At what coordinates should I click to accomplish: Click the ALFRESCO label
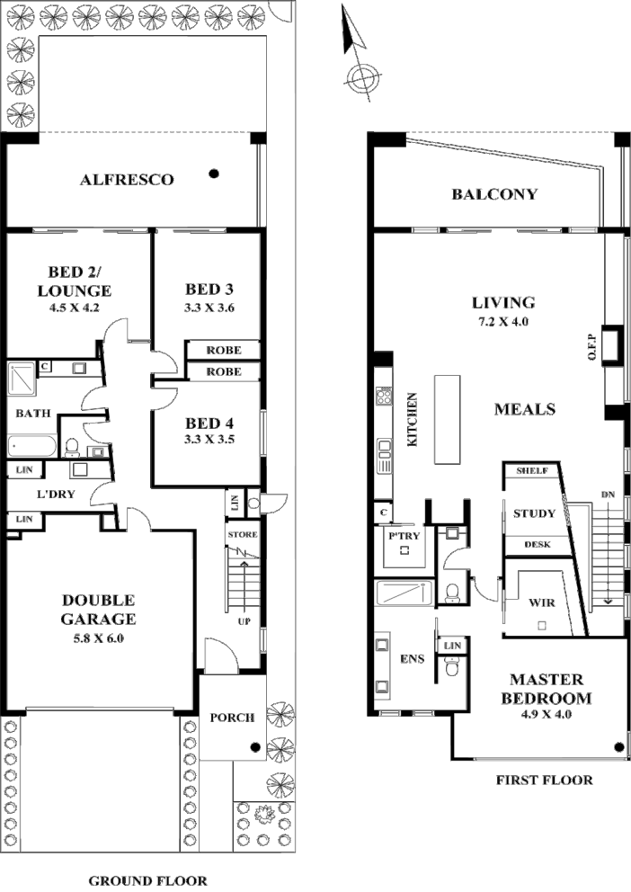127,180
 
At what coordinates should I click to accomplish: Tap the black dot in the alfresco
214,174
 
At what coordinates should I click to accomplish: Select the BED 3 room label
209,290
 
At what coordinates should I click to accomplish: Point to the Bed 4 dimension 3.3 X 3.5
209,440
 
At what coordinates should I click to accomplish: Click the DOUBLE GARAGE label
99,610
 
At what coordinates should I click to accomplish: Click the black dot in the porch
255,746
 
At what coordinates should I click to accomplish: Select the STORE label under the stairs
243,535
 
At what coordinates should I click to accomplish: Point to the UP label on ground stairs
244,620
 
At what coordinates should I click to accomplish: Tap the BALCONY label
494,194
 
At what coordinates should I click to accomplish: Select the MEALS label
525,409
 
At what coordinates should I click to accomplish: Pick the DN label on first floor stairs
609,494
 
